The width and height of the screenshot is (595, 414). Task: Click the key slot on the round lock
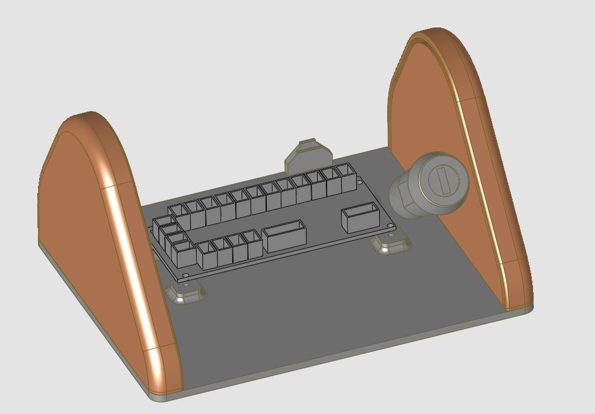pyautogui.click(x=443, y=180)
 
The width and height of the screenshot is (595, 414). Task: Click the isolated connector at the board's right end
pyautogui.click(x=360, y=218)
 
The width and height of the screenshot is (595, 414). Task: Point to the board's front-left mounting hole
pyautogui.click(x=186, y=274)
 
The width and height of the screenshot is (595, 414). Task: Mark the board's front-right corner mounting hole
pyautogui.click(x=388, y=226)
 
